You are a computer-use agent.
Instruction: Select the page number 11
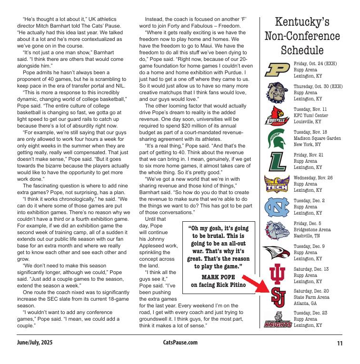340,343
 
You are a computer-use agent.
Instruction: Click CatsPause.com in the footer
180,343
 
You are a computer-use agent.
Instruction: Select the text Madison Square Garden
317,138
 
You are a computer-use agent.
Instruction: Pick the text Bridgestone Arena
312,230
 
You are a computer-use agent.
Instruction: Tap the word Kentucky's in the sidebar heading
302,22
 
